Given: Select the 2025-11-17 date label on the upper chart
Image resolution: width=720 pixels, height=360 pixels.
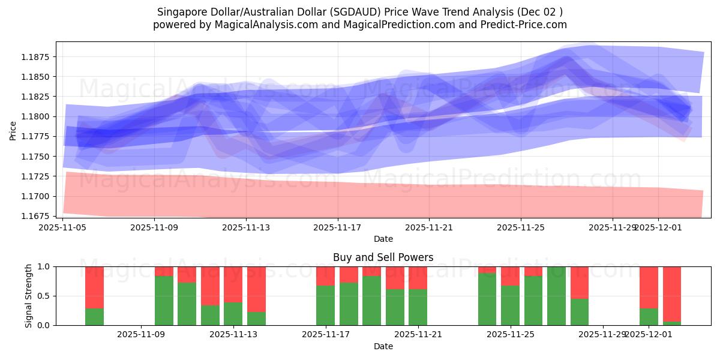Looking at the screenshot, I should point(337,227).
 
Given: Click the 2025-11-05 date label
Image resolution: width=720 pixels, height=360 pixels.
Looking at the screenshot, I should point(63,227).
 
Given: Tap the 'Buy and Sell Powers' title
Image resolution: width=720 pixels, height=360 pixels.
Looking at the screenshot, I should point(383,257).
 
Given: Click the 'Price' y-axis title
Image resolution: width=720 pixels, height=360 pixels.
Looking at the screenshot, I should point(13,131).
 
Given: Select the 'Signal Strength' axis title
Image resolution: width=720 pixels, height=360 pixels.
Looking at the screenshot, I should point(29,296).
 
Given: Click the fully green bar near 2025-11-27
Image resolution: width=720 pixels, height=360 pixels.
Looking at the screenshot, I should point(556,296).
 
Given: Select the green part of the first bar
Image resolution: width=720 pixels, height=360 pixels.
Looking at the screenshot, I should point(94,317).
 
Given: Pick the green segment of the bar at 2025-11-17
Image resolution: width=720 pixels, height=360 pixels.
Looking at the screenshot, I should point(325,305).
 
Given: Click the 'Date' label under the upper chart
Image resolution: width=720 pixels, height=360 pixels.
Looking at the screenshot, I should point(383,239).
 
